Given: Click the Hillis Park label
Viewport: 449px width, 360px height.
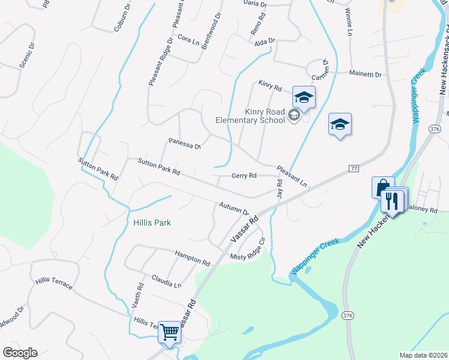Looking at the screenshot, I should tap(152, 223).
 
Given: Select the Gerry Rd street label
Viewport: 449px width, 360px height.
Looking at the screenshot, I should tap(244, 176).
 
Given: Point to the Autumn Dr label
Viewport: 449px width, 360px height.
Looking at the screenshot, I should tap(234, 208).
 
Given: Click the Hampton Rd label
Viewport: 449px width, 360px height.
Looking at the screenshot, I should tap(192, 259).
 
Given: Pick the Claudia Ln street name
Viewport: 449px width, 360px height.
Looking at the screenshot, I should tap(166, 281).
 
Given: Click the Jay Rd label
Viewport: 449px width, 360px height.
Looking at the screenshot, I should tap(279, 188).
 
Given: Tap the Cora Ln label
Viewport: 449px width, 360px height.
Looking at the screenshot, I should tap(188, 40).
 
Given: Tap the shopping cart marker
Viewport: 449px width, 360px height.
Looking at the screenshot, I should tap(170, 331).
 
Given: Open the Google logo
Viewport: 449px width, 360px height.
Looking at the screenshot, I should tap(20, 353).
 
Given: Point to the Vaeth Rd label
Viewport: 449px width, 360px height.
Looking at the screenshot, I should tap(137, 296).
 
